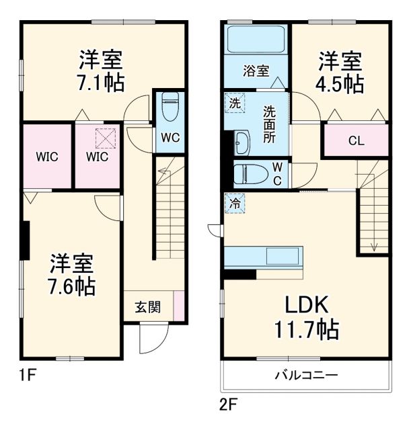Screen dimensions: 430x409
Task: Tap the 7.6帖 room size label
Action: (x=72, y=286)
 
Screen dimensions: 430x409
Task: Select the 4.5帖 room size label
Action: (x=341, y=84)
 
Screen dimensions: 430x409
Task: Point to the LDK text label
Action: (x=306, y=306)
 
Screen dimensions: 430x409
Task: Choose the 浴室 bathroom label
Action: (x=256, y=71)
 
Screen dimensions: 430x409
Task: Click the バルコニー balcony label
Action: (x=305, y=374)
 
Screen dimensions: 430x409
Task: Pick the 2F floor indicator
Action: (x=229, y=405)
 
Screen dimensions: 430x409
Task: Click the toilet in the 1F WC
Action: (x=169, y=105)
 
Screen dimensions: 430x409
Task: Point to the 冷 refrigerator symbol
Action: (x=234, y=201)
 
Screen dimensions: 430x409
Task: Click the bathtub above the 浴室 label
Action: (x=256, y=40)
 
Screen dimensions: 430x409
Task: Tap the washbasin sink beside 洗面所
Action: (x=242, y=143)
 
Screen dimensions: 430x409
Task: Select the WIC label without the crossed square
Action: (x=46, y=157)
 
